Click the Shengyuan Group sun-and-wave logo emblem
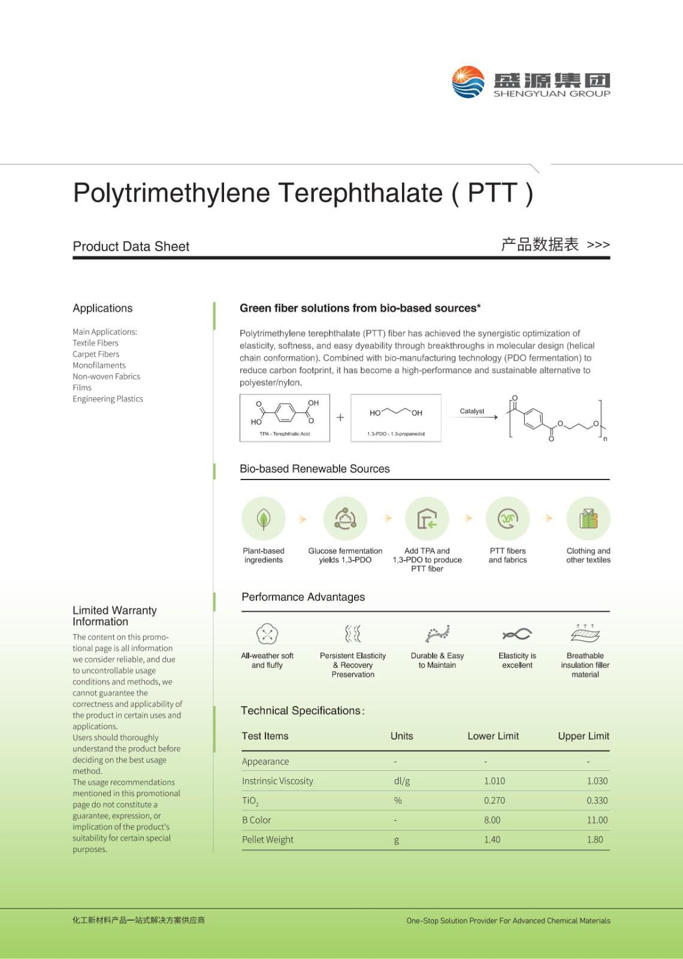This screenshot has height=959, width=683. tap(468, 82)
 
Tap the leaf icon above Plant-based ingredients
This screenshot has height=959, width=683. tap(264, 518)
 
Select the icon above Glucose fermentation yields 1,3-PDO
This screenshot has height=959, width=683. tap(345, 518)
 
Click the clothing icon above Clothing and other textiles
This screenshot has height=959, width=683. tap(588, 518)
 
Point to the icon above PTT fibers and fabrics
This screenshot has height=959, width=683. tap(507, 518)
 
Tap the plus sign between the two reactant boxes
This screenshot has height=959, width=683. tap(340, 418)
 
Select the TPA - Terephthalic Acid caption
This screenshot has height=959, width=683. tap(285, 434)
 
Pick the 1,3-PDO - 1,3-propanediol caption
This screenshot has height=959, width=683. tap(396, 434)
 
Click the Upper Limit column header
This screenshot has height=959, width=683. tap(583, 736)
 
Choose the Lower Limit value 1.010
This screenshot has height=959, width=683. tap(494, 781)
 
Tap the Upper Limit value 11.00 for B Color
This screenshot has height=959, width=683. tap(597, 820)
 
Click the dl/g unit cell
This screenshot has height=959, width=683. tap(401, 781)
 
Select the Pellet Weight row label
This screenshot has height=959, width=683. tap(267, 840)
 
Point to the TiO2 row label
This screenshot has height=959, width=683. tap(250, 801)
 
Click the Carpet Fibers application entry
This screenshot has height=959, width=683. tap(96, 354)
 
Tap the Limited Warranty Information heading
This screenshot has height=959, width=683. tap(114, 616)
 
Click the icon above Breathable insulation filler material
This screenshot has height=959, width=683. tap(585, 633)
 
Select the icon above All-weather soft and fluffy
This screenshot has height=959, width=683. tap(267, 634)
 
